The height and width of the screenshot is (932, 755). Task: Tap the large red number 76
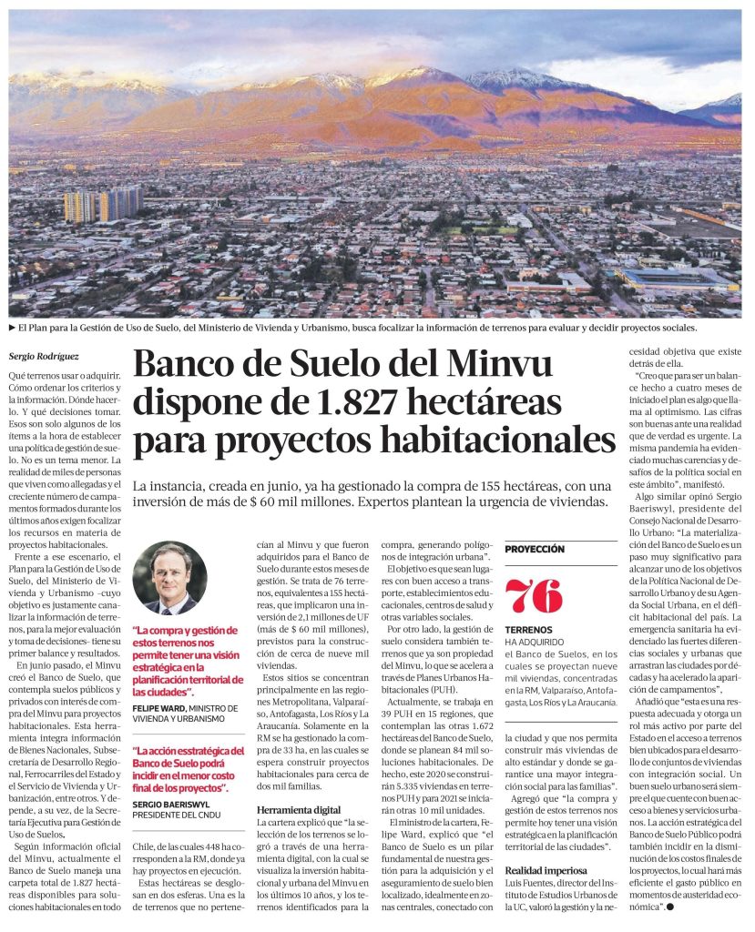[x=534, y=596]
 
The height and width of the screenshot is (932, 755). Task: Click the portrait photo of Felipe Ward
[x=169, y=578]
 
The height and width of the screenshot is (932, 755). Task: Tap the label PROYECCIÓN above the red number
[x=535, y=550]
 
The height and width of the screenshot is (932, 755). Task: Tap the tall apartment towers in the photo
[x=102, y=206]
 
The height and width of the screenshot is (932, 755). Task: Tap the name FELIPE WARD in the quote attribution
[x=158, y=707]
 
